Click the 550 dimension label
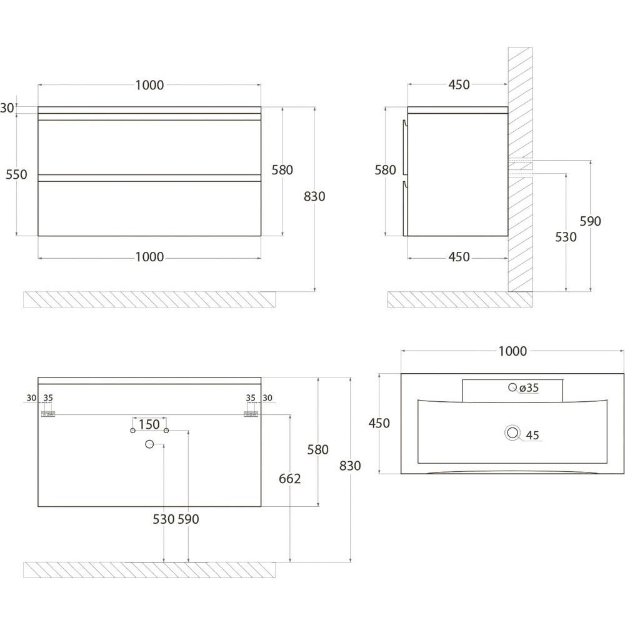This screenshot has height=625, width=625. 16,174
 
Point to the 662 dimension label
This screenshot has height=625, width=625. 290,479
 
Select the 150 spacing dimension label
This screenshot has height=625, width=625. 149,424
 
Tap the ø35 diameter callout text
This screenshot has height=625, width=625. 529,388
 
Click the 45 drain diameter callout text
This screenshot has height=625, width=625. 532,435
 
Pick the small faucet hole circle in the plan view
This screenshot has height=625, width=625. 512,387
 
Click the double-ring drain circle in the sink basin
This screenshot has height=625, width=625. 512,433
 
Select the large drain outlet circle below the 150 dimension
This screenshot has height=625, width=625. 149,444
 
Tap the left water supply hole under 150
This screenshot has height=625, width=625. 132,431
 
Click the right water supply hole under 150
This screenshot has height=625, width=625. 166,431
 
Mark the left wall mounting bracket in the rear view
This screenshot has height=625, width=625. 48,414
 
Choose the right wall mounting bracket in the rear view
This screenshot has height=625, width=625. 251,414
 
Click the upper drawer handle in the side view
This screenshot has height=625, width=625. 404,147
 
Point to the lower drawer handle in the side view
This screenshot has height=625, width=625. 404,209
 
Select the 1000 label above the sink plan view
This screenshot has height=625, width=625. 512,351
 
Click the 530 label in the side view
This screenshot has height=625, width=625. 566,237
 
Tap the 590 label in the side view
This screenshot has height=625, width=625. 590,221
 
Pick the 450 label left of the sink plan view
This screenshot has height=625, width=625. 379,423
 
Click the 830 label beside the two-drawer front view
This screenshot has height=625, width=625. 314,196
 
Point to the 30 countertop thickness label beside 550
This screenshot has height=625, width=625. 7,108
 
